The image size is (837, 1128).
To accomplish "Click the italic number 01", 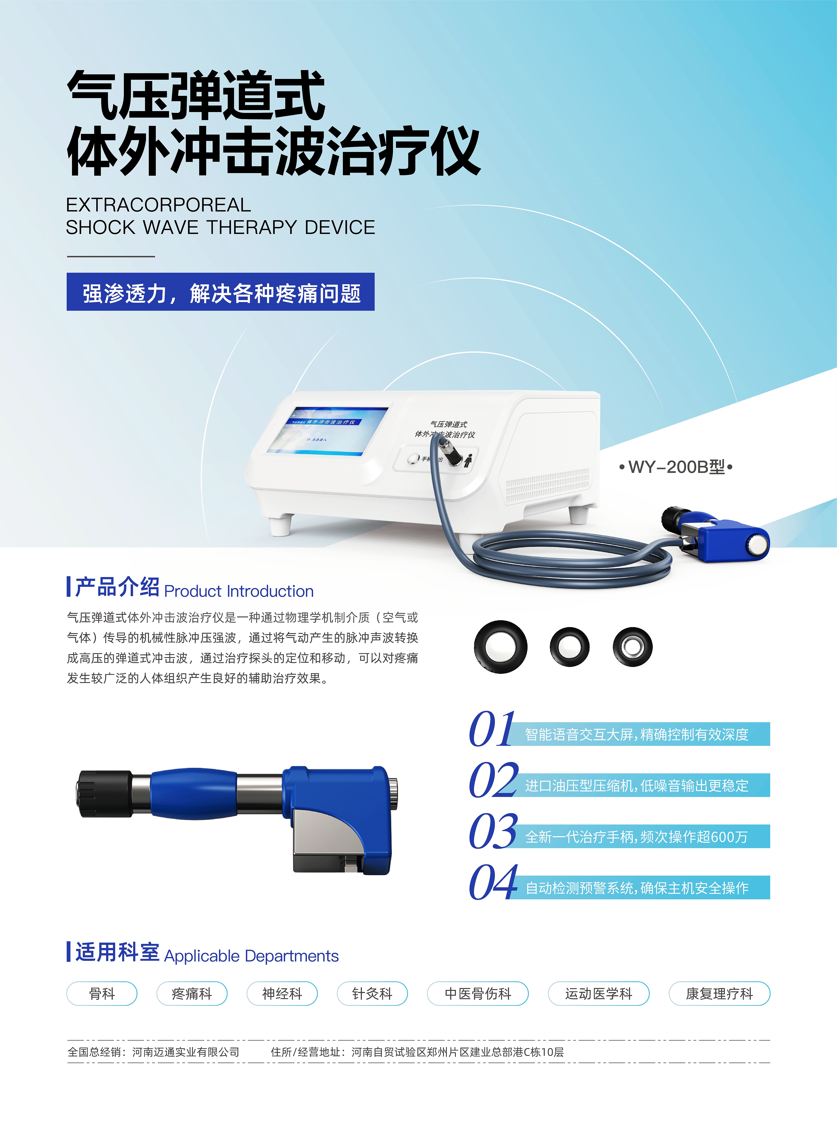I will tap(491, 730).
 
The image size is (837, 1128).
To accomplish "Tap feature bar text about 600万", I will tap(636, 837).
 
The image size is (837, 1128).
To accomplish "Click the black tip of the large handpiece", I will tap(104, 794).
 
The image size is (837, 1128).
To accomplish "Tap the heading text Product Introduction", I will tap(239, 591).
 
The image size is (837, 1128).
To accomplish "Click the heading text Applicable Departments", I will tap(251, 956).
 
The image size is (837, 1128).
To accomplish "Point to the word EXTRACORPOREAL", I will tap(159, 205).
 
